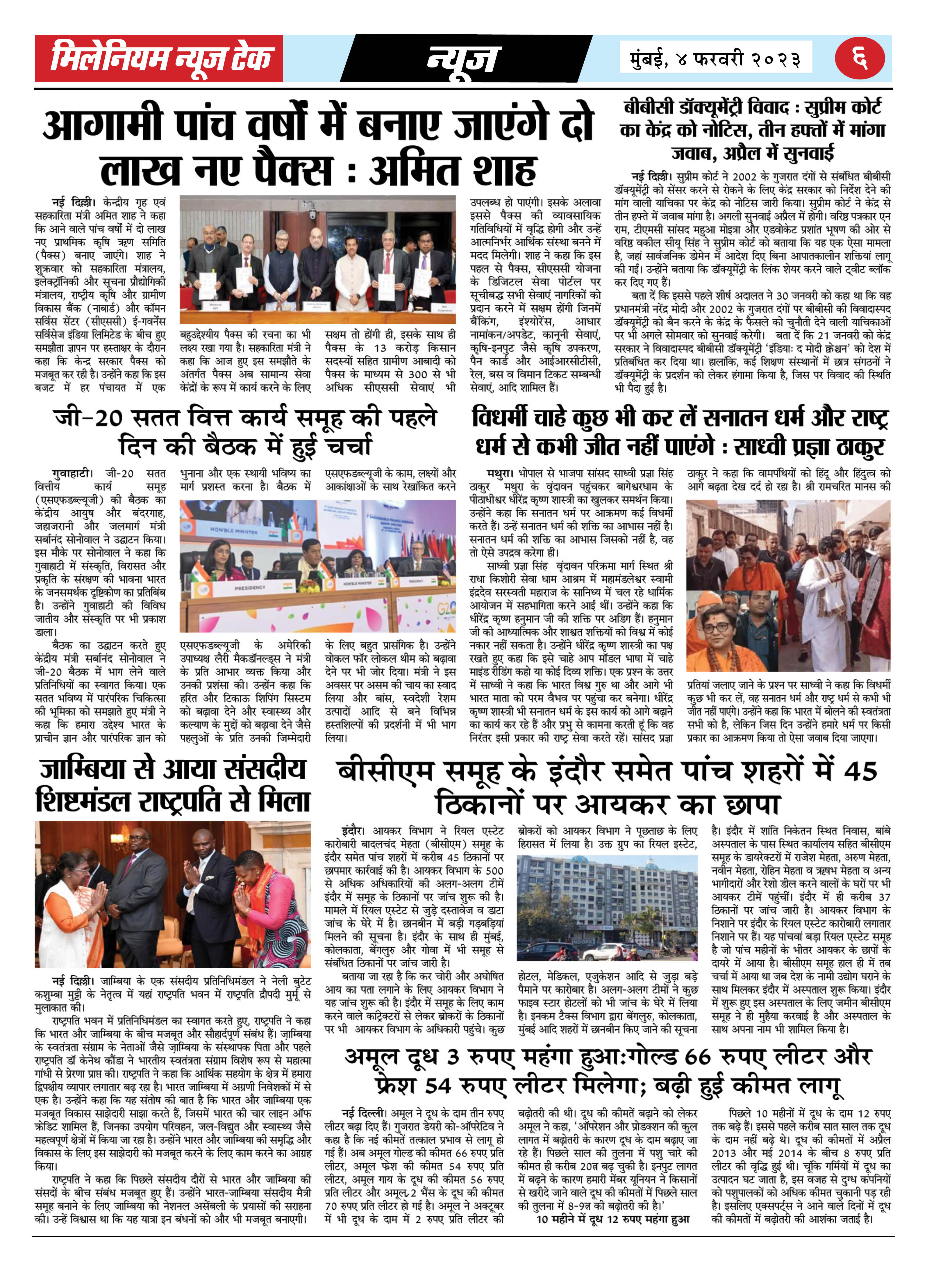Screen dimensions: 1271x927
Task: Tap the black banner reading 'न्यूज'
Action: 463,58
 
